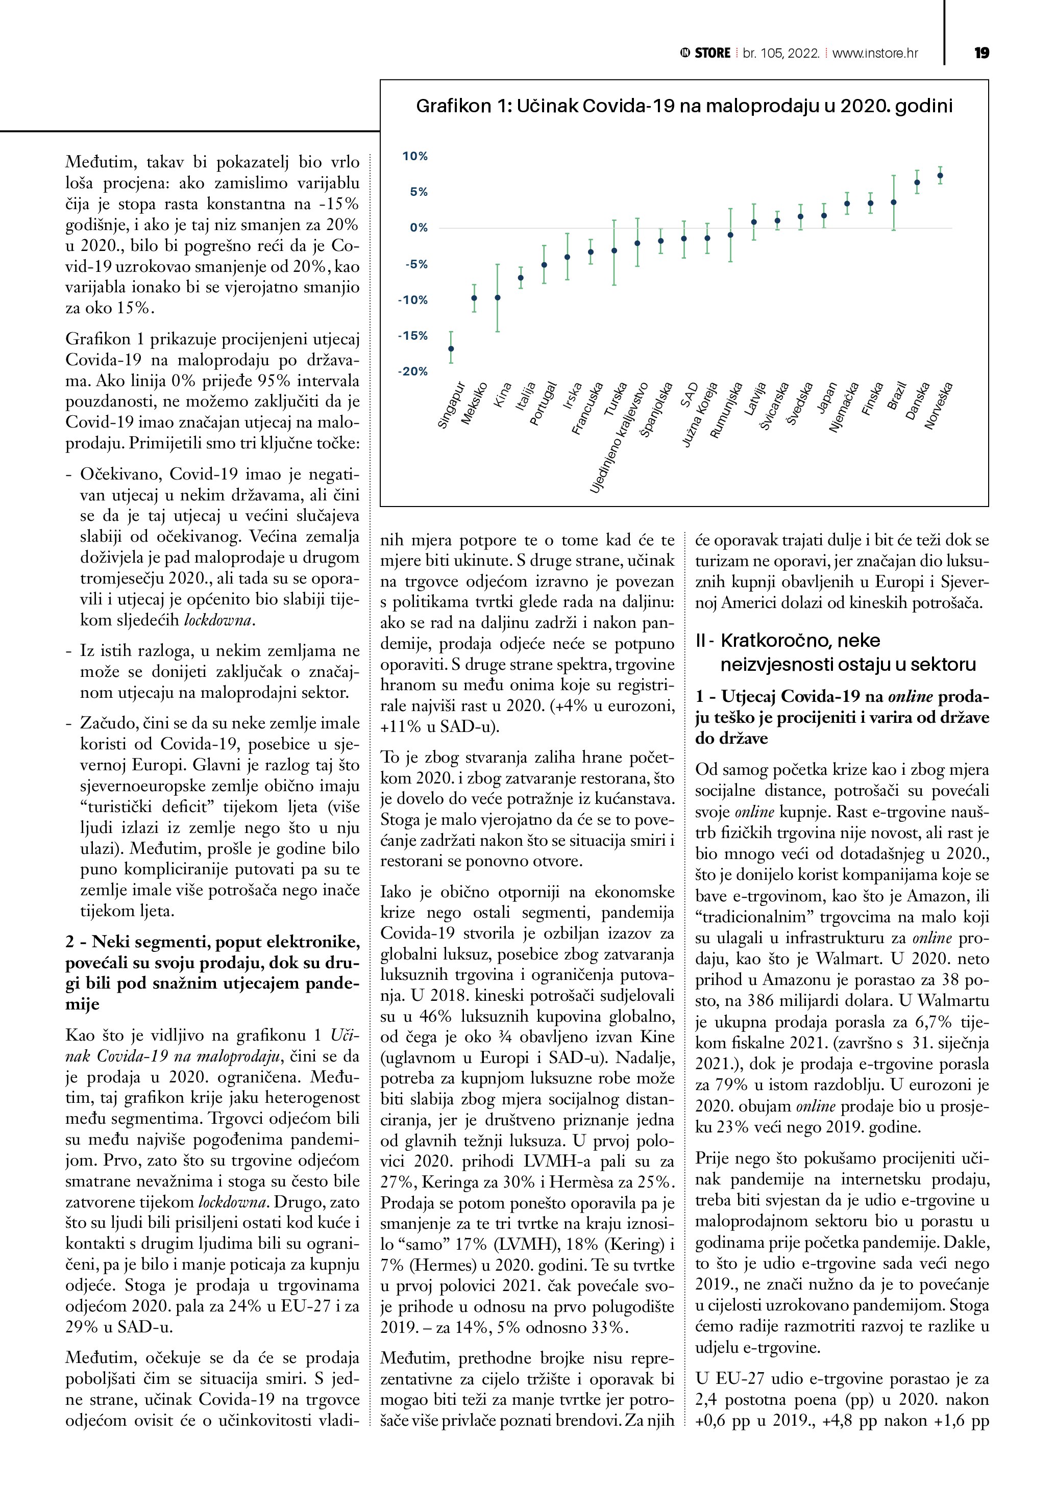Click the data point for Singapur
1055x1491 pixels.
click(451, 349)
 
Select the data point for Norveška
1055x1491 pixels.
click(940, 175)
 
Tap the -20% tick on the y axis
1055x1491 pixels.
click(413, 371)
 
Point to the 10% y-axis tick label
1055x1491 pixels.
click(415, 157)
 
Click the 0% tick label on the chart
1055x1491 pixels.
click(419, 228)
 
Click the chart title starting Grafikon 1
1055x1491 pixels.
click(684, 106)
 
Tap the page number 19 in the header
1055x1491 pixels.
click(982, 53)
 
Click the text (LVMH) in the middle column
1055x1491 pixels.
click(522, 1244)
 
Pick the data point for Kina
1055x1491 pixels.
click(498, 298)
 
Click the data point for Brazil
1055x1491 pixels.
click(893, 203)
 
